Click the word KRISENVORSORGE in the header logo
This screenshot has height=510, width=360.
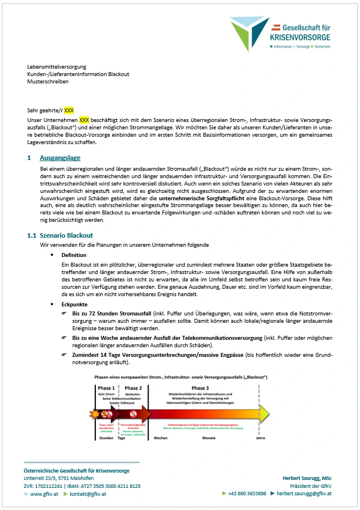[x=300, y=37]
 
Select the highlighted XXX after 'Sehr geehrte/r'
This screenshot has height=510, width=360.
[x=69, y=110]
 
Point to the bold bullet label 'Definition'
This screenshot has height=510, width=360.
[x=74, y=255]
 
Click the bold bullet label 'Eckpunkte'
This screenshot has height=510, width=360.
[x=74, y=305]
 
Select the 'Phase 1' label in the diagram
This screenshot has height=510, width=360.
[x=105, y=388]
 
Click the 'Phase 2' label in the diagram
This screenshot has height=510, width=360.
[x=133, y=388]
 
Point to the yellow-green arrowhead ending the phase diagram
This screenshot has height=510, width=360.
[x=263, y=412]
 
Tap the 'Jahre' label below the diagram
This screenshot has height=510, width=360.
[x=260, y=438]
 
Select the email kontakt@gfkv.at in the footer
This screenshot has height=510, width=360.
[x=90, y=494]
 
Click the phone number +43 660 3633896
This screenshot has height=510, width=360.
[x=247, y=494]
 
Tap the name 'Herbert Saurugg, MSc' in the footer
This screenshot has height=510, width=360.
[x=307, y=478]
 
